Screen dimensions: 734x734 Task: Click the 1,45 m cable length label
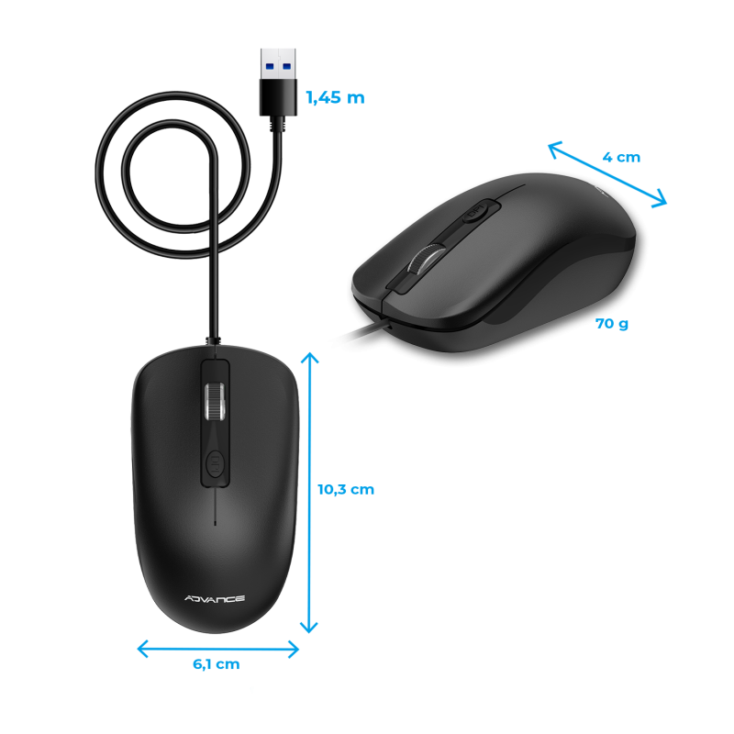point(335,97)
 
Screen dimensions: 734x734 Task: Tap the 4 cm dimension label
point(621,157)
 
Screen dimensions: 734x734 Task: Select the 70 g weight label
point(612,324)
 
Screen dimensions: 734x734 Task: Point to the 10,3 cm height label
point(346,489)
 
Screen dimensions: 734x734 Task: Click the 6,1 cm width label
point(217,664)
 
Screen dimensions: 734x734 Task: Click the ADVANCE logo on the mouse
point(214,599)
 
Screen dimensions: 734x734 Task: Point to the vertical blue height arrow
point(310,495)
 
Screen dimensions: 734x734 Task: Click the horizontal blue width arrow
point(218,649)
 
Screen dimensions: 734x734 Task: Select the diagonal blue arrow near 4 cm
point(607,174)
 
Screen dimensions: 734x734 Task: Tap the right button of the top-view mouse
point(261,413)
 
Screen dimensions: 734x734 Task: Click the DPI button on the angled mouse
point(473,212)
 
